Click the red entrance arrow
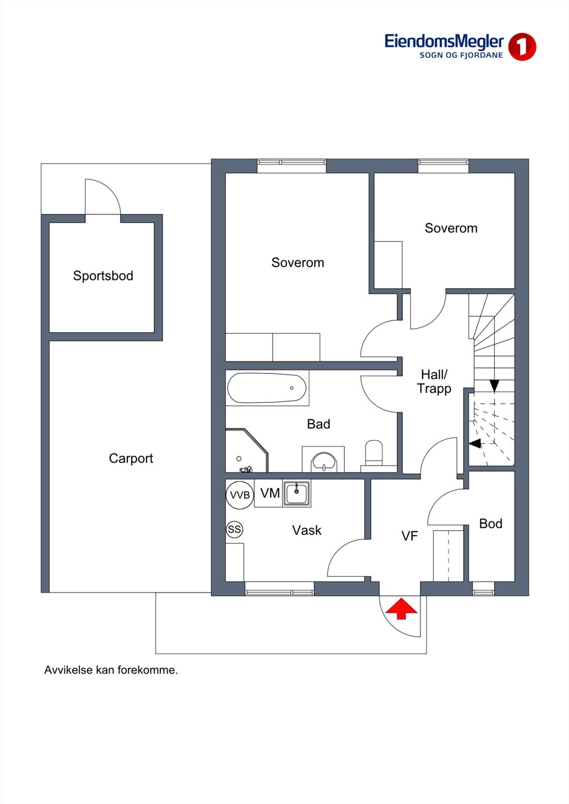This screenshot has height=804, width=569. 401,608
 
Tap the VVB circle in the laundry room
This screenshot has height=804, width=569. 240,495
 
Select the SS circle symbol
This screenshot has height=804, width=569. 234,529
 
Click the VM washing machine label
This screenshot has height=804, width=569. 270,493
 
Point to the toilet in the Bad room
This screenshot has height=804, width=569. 374,453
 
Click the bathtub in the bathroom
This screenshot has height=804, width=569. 267,388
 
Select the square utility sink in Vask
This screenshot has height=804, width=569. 296,494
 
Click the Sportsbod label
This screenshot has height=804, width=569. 103,276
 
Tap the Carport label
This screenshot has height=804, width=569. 131,458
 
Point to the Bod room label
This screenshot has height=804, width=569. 491,524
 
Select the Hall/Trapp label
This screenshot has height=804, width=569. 434,382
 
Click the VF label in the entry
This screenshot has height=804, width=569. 410,536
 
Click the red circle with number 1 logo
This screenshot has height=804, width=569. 522,47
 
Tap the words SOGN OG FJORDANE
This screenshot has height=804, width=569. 461,55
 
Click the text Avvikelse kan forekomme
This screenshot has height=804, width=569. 111,670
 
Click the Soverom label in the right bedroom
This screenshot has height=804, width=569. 451,228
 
